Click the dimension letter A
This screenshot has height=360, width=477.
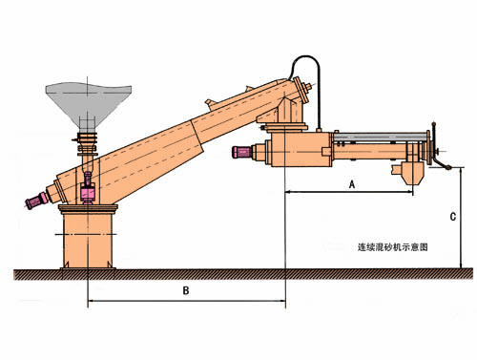click(x=352, y=184)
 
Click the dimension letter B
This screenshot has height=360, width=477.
click(x=186, y=290)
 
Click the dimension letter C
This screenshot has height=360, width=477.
click(x=453, y=217)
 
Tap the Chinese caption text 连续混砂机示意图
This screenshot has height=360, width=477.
click(x=393, y=247)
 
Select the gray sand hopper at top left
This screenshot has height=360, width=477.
click(x=89, y=103)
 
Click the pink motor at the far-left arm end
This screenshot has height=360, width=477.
click(x=37, y=201)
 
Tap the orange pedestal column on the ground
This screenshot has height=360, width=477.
click(x=88, y=241)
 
